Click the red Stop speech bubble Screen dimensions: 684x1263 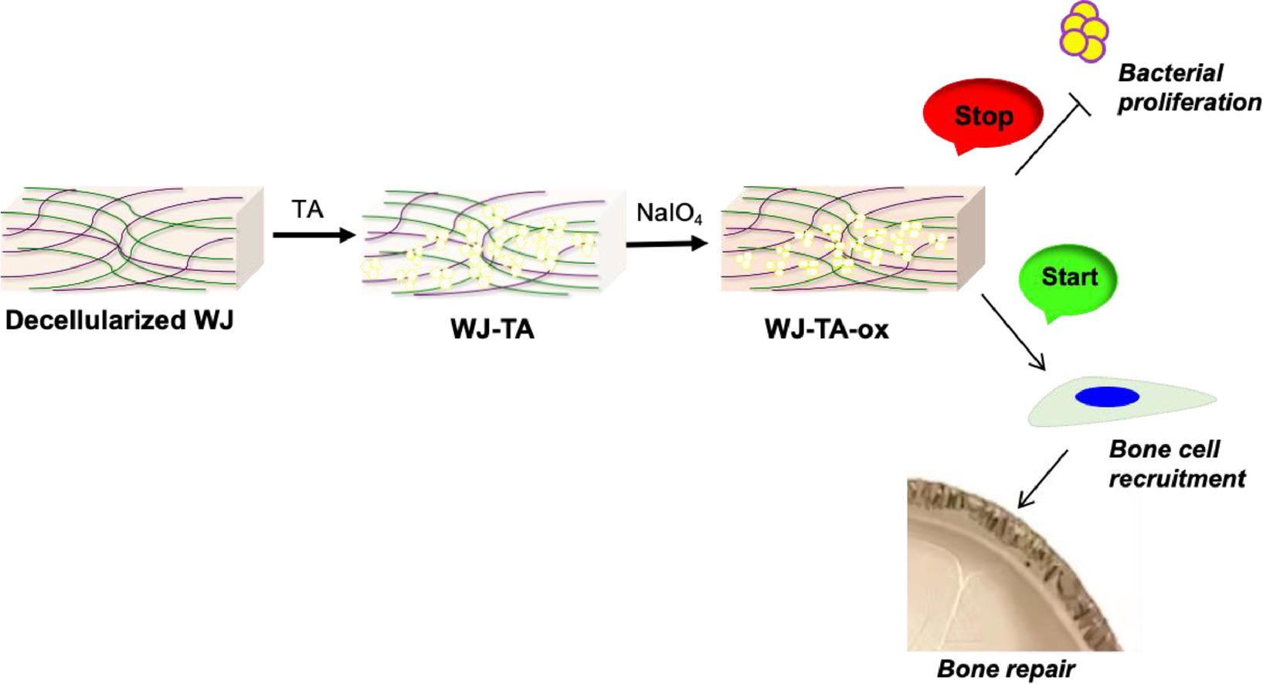tap(983, 114)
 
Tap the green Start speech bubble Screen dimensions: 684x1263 tap(1068, 278)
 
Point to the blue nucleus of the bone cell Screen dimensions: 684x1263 tap(1107, 397)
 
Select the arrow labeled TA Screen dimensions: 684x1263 tap(314, 235)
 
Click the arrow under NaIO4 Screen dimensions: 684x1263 tap(667, 244)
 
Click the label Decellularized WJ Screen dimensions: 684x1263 tap(119, 320)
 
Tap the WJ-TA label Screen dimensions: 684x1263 tap(492, 330)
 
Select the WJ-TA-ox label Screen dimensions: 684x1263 tap(826, 330)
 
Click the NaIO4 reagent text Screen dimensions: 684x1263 tap(669, 213)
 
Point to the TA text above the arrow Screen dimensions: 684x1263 tap(307, 209)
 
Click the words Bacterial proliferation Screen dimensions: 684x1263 tap(1188, 88)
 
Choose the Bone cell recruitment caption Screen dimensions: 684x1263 tap(1176, 464)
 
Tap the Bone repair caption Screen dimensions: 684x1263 tap(1005, 669)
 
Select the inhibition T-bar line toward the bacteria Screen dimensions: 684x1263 tap(1051, 136)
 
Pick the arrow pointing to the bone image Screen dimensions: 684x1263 tap(1043, 479)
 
